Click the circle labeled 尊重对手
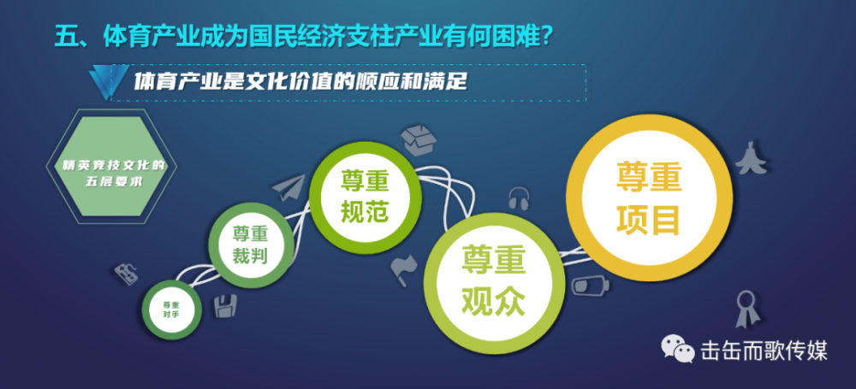point(171,309)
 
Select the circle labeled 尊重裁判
point(251,245)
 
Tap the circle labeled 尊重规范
point(366,197)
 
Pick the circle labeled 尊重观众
point(495,281)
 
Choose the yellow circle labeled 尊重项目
point(649,197)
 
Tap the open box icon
point(419,140)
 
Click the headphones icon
point(519,198)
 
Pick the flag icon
point(403,269)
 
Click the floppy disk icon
point(225,306)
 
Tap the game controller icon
point(126,274)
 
